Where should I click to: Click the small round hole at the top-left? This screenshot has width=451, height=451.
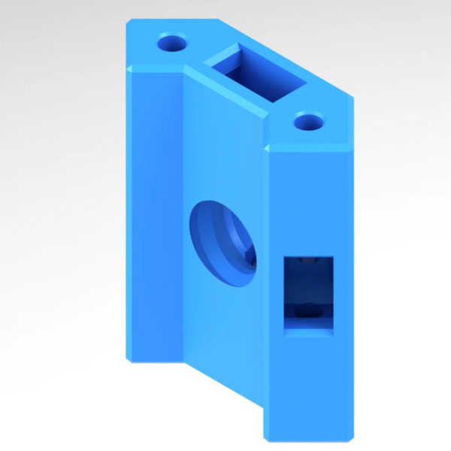172,42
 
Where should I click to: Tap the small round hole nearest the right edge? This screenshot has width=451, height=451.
308,120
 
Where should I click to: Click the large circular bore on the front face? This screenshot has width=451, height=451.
224,242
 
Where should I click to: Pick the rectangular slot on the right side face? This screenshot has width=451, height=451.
307,294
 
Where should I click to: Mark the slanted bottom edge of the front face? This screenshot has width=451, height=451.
225,383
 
